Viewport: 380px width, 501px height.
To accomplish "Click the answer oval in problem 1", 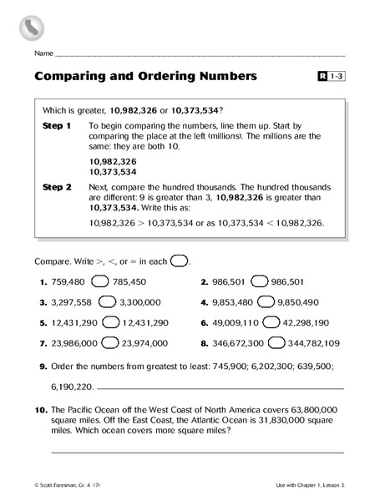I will click(99, 281).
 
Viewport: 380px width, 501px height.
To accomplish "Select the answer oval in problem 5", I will click(110, 321).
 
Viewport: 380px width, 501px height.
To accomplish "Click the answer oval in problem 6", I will click(271, 321).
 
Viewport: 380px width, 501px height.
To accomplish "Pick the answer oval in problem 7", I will click(109, 342).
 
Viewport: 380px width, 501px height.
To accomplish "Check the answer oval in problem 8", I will click(276, 342).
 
